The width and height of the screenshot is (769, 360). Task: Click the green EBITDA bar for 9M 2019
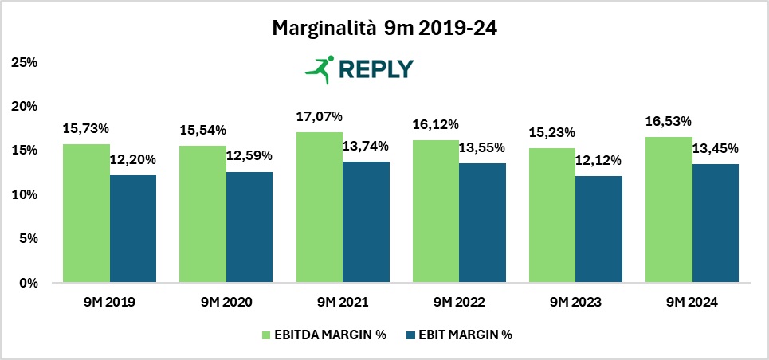tap(87, 213)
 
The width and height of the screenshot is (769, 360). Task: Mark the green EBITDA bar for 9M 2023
tap(552, 215)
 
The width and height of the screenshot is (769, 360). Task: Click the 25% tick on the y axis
tap(27, 62)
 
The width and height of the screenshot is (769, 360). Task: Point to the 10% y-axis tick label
tap(27, 194)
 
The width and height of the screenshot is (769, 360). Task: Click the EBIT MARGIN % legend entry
tap(463, 335)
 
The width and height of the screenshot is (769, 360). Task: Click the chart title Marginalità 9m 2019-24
tap(385, 29)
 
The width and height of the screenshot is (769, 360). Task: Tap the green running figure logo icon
tap(319, 68)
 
